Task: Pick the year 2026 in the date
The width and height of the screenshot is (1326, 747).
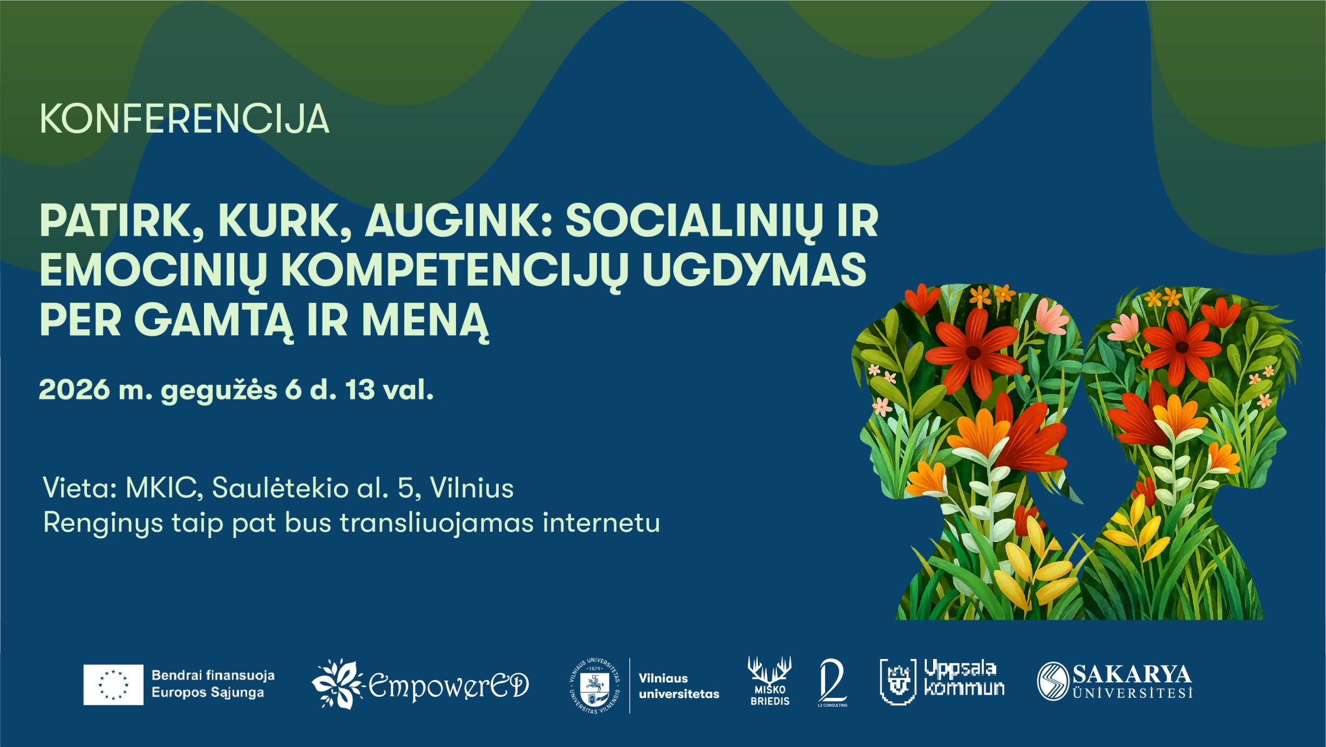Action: (74, 390)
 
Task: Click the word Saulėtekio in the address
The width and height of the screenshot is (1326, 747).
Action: (280, 488)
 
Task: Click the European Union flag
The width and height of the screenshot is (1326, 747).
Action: (113, 684)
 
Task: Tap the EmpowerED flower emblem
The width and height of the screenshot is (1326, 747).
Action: (338, 684)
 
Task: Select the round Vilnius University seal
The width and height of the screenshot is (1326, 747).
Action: (594, 685)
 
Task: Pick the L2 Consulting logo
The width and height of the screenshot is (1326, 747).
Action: (832, 682)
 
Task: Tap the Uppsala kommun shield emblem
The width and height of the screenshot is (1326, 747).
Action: (897, 682)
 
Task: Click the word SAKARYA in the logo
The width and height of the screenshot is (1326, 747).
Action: (1132, 674)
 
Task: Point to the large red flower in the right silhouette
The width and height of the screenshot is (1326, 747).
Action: (1181, 347)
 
